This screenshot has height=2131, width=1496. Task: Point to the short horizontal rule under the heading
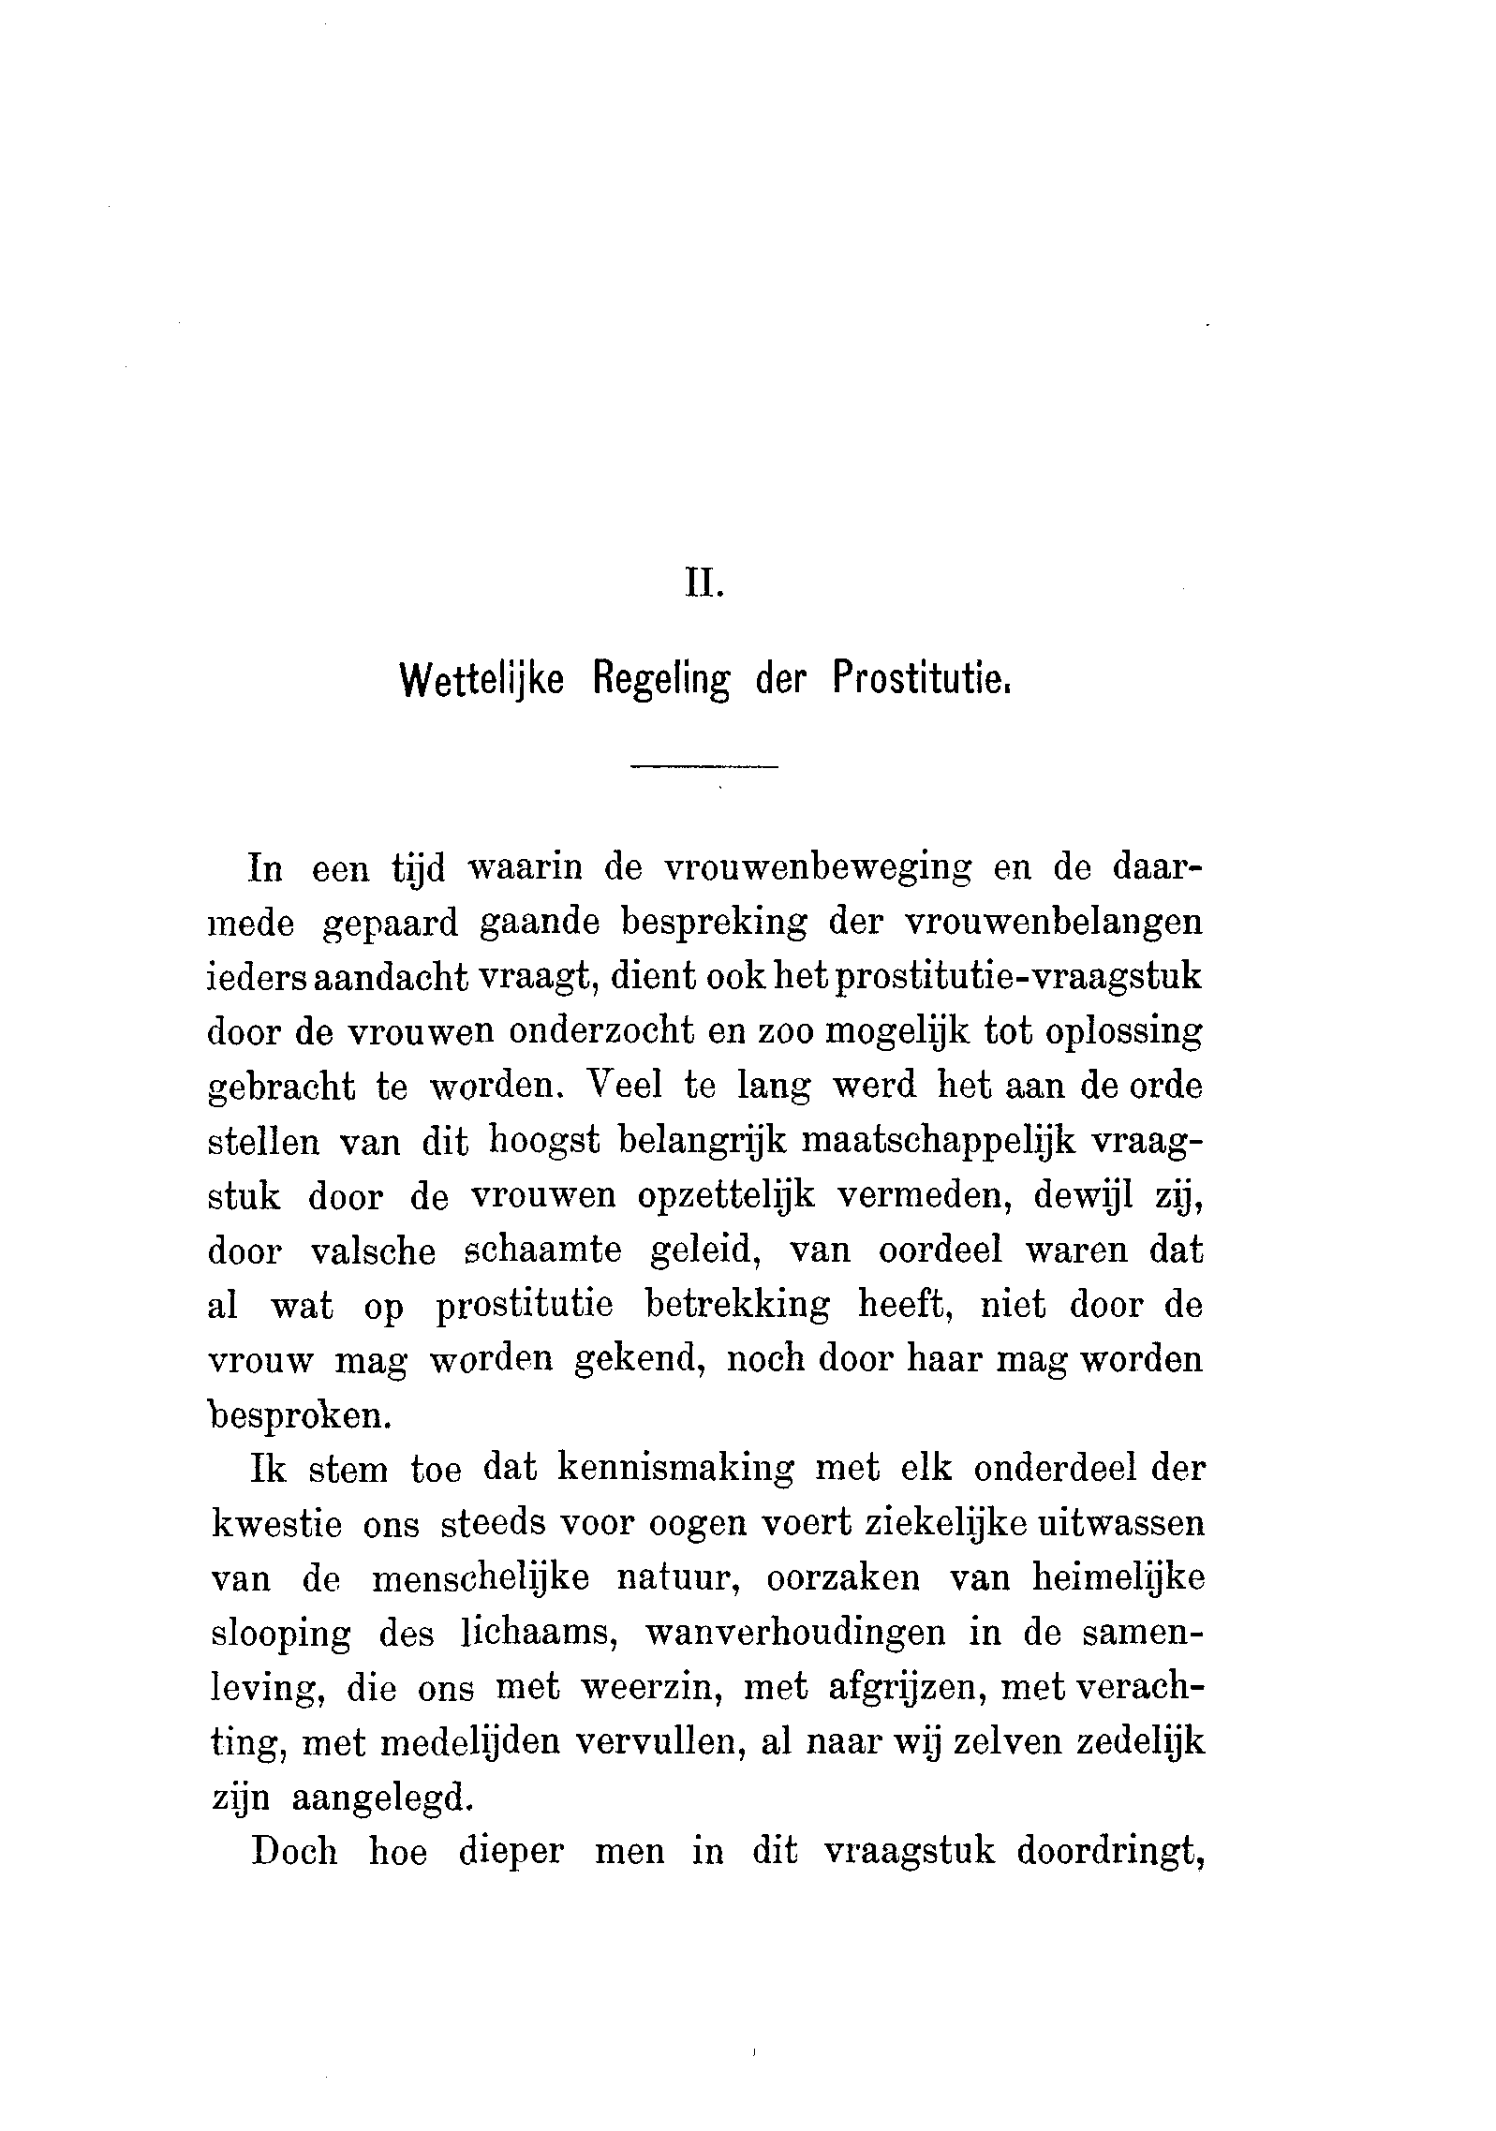click(704, 769)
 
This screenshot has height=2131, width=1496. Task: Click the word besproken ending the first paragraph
click(297, 1415)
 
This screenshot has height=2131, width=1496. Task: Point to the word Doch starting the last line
click(293, 1852)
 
